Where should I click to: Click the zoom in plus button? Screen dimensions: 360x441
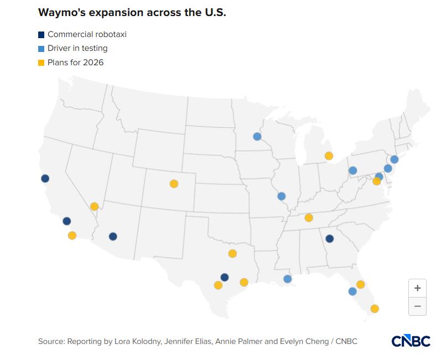[x=417, y=288]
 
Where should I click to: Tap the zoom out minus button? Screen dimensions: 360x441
[x=417, y=306]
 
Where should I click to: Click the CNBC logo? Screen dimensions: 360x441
[x=411, y=341]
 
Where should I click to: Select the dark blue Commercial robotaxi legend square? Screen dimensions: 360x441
[x=41, y=35]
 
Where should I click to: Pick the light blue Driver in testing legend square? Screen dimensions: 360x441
[x=41, y=49]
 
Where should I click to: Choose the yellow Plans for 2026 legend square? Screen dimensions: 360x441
[x=41, y=62]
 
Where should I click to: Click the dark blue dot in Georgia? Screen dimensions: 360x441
[x=329, y=239]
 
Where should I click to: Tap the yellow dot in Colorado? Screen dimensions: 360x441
[x=174, y=184]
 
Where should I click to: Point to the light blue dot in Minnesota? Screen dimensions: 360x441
[x=257, y=137]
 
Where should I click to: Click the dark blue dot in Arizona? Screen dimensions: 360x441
[x=113, y=237]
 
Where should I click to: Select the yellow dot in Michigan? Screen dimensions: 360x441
[x=329, y=156]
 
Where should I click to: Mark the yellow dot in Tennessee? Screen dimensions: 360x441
[x=309, y=217]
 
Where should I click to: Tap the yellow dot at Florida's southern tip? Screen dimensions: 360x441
[x=375, y=309]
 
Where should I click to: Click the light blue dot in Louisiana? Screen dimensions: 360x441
[x=287, y=279]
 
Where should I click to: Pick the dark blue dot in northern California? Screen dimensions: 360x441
[x=45, y=179]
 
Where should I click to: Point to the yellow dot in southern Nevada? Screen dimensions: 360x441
[x=94, y=206]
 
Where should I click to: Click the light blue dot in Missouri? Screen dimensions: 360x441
[x=281, y=196]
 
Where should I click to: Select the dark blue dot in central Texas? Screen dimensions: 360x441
[x=224, y=277]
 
